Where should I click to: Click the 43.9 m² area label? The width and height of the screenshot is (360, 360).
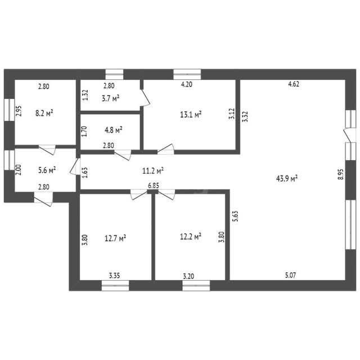click(287, 178)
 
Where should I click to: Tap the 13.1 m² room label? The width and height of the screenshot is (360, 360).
click(191, 114)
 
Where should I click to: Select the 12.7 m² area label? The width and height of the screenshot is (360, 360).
click(115, 238)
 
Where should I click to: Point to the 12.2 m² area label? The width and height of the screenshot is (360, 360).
click(191, 236)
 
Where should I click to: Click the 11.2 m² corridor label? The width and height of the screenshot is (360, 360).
click(153, 170)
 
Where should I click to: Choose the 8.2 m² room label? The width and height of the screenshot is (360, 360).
click(44, 113)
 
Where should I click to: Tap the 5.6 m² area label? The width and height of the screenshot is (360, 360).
click(47, 170)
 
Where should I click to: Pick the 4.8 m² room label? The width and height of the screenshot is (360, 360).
click(114, 130)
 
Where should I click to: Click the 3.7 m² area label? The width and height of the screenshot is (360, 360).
click(110, 98)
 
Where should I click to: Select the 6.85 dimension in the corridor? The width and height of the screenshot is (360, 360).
click(154, 186)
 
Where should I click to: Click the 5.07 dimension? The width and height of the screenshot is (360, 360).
click(290, 275)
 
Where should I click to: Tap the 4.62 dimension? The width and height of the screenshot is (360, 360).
click(294, 84)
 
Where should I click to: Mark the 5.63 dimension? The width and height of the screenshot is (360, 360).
click(236, 216)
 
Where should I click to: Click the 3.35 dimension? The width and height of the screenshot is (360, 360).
click(114, 275)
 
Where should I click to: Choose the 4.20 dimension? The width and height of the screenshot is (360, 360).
click(186, 84)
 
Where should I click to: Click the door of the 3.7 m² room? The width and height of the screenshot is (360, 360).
click(146, 97)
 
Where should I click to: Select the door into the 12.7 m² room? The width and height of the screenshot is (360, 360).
click(139, 194)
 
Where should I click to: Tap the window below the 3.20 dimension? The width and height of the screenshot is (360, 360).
click(196, 285)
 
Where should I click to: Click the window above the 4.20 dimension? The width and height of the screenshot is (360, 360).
click(187, 74)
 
